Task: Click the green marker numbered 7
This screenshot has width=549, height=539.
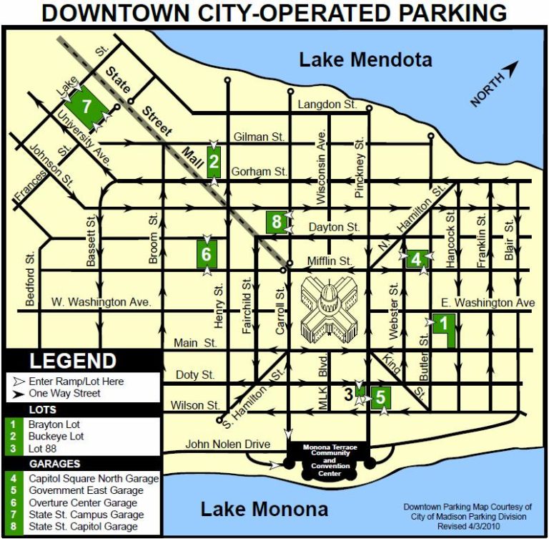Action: coord(87,107)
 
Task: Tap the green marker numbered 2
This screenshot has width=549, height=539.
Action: coord(214,162)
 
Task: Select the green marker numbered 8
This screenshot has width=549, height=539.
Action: coord(277,222)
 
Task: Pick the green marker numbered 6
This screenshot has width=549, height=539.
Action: coord(206,253)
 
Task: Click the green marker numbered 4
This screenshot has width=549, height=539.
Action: coord(416,258)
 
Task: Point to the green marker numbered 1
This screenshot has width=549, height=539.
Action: coord(443,324)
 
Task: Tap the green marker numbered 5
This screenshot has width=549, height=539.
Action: coord(380,397)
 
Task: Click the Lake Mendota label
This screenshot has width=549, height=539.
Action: coord(365,59)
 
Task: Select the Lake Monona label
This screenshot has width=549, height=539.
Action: coord(264,509)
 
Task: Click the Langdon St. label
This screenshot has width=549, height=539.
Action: coord(327,105)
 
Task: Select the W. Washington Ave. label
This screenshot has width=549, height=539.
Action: coord(102,302)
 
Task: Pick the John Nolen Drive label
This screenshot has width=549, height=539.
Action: coord(227,445)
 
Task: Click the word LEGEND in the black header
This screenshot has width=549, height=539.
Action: coord(72,361)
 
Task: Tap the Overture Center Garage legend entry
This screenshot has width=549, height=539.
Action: coord(83,502)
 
